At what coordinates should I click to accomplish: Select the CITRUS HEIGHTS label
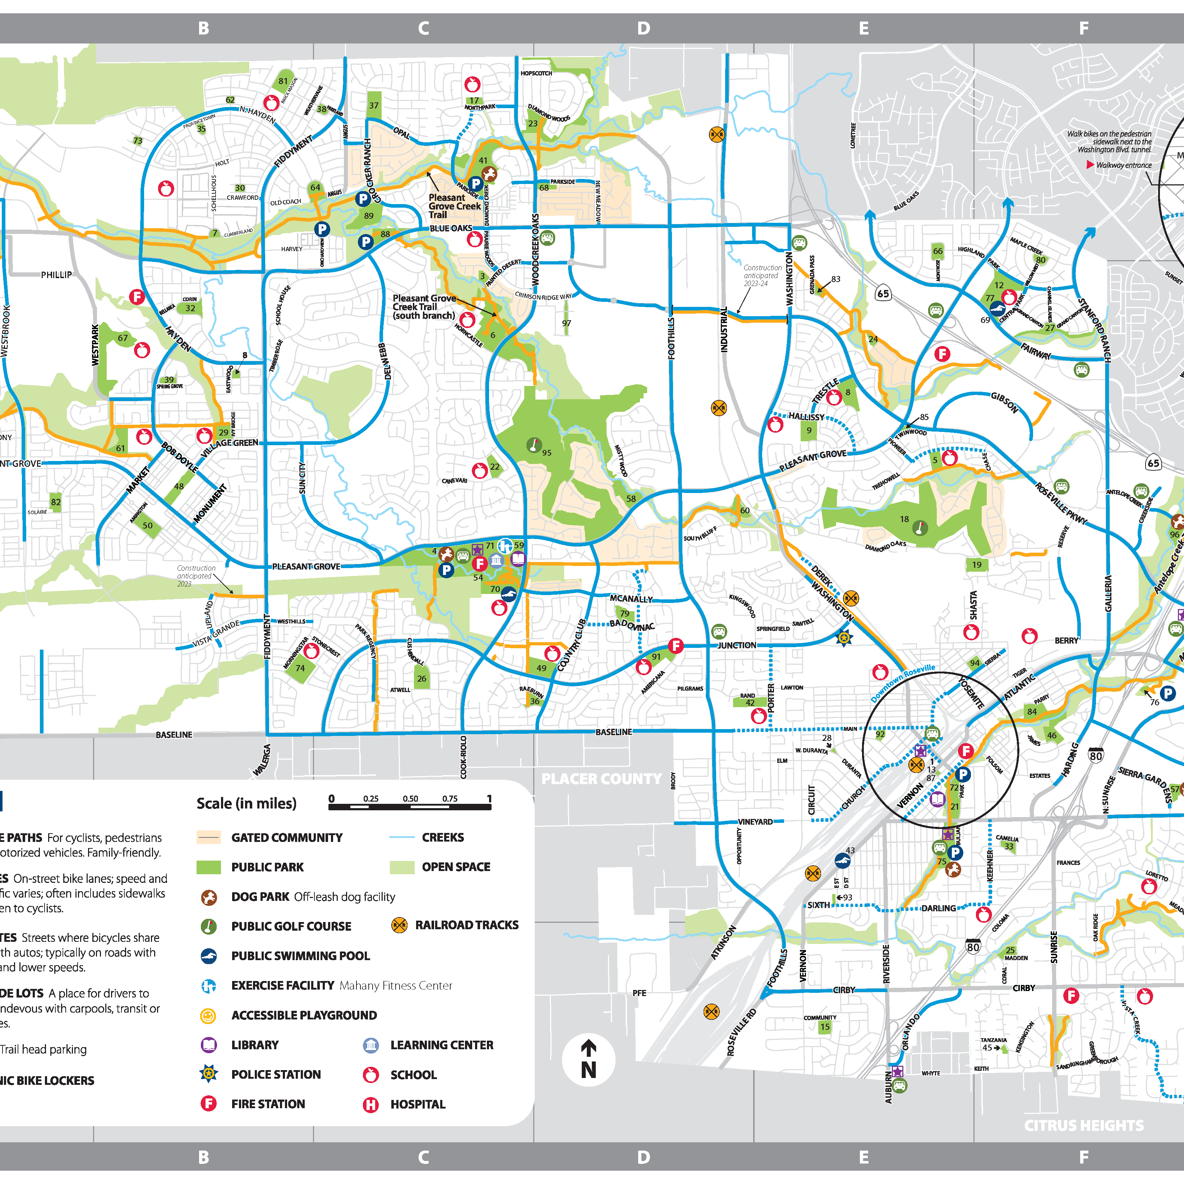pos(1083,1125)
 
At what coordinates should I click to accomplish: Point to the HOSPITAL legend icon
pos(371,1104)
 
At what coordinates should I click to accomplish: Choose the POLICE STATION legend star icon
pos(209,1074)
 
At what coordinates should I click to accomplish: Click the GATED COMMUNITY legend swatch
pos(208,837)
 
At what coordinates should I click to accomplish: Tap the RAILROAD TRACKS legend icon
pos(399,925)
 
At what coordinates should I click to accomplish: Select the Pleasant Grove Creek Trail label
pos(454,206)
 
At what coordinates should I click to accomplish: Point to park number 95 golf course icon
pos(534,445)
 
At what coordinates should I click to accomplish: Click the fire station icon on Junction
pos(675,645)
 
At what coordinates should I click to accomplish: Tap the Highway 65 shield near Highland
pos(883,294)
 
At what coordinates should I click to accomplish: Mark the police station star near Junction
pos(844,638)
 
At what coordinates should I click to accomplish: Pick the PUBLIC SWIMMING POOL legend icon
pos(209,955)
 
